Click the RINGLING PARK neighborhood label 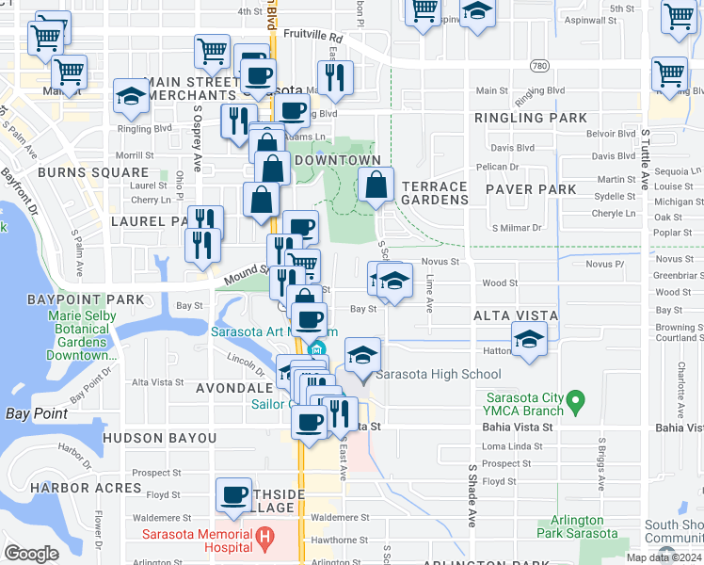(x=531, y=119)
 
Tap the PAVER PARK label (x=531, y=189)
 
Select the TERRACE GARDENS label (x=435, y=194)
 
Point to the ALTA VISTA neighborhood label (x=516, y=315)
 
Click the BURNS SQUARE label (x=93, y=173)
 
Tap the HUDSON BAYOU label (x=159, y=439)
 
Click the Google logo (x=31, y=554)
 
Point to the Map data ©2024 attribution (x=664, y=557)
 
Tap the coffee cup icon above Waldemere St (x=233, y=493)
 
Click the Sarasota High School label (x=439, y=374)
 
